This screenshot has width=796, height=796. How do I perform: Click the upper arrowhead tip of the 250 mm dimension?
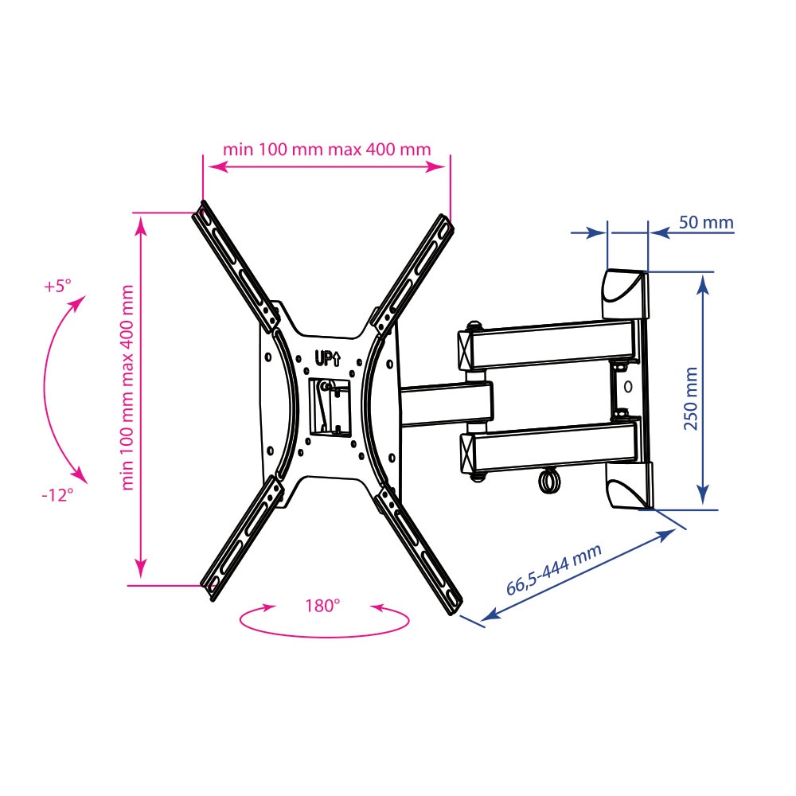(703, 278)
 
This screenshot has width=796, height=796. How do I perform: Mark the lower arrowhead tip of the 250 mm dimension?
(703, 504)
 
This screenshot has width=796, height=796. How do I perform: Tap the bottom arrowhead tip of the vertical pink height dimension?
(141, 578)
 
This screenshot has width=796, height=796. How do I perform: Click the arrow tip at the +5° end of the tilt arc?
(85, 296)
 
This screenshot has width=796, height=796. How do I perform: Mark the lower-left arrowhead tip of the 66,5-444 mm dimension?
(480, 620)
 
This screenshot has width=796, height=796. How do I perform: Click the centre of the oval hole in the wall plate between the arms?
(628, 387)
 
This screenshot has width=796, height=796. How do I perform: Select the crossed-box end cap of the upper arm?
(465, 350)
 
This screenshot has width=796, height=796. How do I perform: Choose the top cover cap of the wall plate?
(625, 294)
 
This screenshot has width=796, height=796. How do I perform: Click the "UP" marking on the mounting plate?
(328, 359)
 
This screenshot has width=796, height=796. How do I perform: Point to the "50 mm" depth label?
(706, 222)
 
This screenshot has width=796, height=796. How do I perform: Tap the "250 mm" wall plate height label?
(691, 399)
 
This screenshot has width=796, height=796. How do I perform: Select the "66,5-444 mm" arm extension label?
(554, 569)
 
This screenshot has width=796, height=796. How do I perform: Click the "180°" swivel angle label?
(322, 606)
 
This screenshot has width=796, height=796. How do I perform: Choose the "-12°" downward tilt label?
(57, 494)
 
